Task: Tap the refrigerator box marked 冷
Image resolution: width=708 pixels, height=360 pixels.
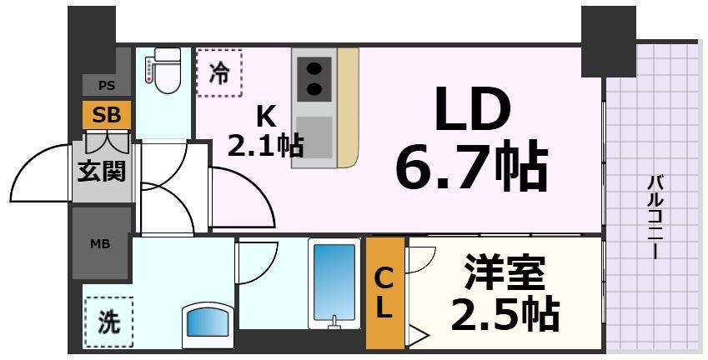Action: [x=218, y=72]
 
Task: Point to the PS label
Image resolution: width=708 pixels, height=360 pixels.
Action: [x=107, y=85]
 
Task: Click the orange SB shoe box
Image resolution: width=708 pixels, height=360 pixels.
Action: [x=107, y=115]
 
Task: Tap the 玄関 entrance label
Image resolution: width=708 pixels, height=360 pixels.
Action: [x=102, y=171]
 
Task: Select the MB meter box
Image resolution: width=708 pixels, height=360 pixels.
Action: [x=101, y=244]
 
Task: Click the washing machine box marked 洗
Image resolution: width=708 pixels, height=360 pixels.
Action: [x=108, y=322]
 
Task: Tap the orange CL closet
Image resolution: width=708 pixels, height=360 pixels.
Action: [x=384, y=292]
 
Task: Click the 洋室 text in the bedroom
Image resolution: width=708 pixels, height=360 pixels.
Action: [x=504, y=272]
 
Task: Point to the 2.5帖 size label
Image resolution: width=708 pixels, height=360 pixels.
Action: [x=504, y=313]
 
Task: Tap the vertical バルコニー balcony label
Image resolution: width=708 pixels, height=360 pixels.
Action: [x=655, y=217]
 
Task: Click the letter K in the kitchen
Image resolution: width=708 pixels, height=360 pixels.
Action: [x=264, y=115]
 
